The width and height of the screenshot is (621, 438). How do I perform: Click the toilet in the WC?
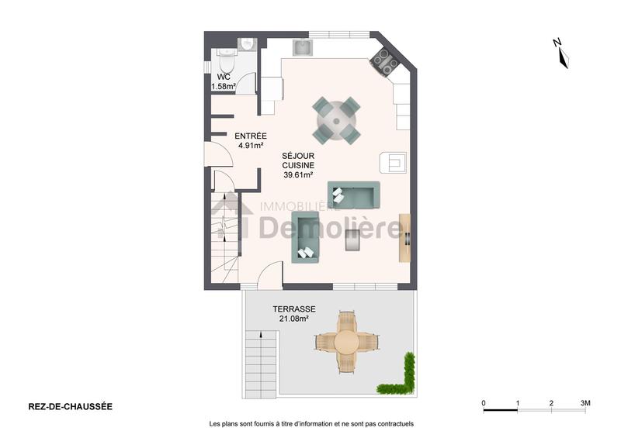(227, 58)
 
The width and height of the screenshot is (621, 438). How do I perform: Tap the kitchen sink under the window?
(303, 48)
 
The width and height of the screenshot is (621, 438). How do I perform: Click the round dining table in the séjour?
(337, 120)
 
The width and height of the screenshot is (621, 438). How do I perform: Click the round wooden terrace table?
(348, 341)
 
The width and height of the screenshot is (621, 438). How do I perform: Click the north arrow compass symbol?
(563, 53)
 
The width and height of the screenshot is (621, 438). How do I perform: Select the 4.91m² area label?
(250, 145)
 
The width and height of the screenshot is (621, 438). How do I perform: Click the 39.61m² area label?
(297, 175)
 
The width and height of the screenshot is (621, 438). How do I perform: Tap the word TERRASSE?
(294, 308)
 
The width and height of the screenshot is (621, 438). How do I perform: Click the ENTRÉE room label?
(250, 136)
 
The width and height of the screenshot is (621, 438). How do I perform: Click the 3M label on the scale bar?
(585, 403)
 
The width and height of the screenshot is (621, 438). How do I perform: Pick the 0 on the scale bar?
(484, 403)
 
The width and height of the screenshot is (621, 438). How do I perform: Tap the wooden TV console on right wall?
(404, 236)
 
